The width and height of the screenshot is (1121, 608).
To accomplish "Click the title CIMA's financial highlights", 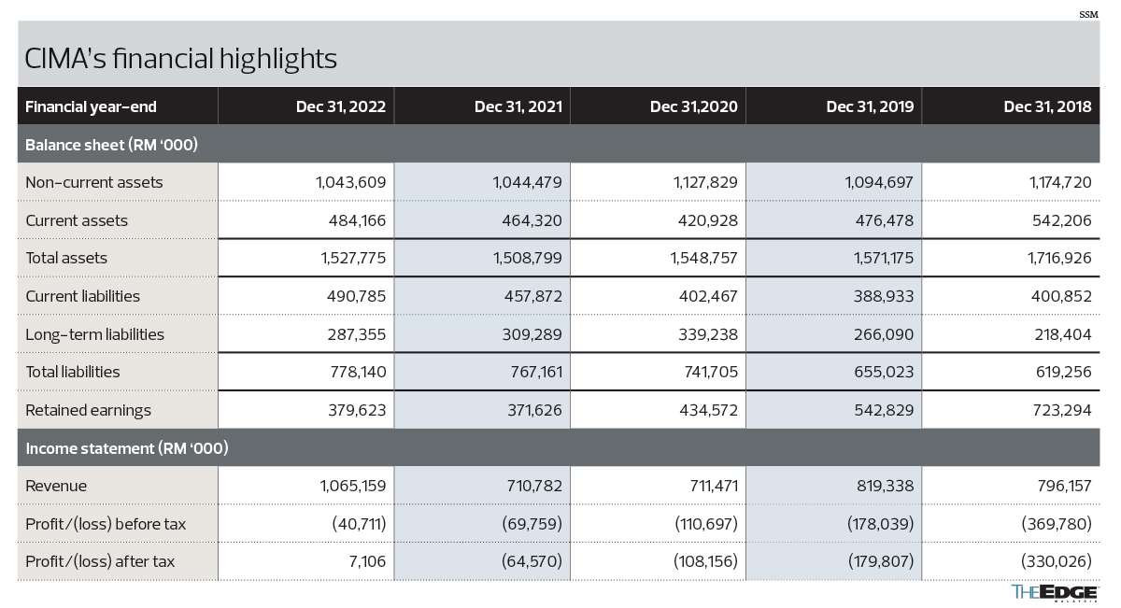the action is click(180, 59).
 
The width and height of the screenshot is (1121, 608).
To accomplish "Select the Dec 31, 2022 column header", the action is click(341, 106).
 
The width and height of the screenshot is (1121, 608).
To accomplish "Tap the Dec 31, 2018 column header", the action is click(1047, 106).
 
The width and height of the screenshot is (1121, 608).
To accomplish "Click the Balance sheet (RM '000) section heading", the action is click(111, 145).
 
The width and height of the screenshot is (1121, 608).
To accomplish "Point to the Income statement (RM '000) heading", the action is click(127, 448).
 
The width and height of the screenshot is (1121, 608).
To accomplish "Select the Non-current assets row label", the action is click(94, 182).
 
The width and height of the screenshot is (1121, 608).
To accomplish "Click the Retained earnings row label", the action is click(88, 410).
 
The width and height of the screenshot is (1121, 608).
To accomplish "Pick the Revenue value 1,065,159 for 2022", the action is click(353, 486).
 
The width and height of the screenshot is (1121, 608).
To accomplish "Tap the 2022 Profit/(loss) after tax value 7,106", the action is click(367, 561).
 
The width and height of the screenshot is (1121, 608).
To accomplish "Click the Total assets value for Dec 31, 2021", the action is click(528, 258).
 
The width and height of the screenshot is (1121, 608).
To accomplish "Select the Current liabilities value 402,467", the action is click(708, 296).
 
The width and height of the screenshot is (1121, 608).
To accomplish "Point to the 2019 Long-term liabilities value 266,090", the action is click(884, 334).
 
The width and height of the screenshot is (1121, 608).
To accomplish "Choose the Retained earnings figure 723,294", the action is click(1062, 410).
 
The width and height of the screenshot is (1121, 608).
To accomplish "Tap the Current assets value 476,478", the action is click(885, 220).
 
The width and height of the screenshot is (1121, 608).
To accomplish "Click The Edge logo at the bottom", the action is click(1055, 593).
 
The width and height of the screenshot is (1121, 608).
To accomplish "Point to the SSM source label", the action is click(1088, 15).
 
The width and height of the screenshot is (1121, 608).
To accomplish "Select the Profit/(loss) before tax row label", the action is click(106, 524).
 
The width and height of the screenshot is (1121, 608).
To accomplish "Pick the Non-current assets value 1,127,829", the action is click(705, 182).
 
